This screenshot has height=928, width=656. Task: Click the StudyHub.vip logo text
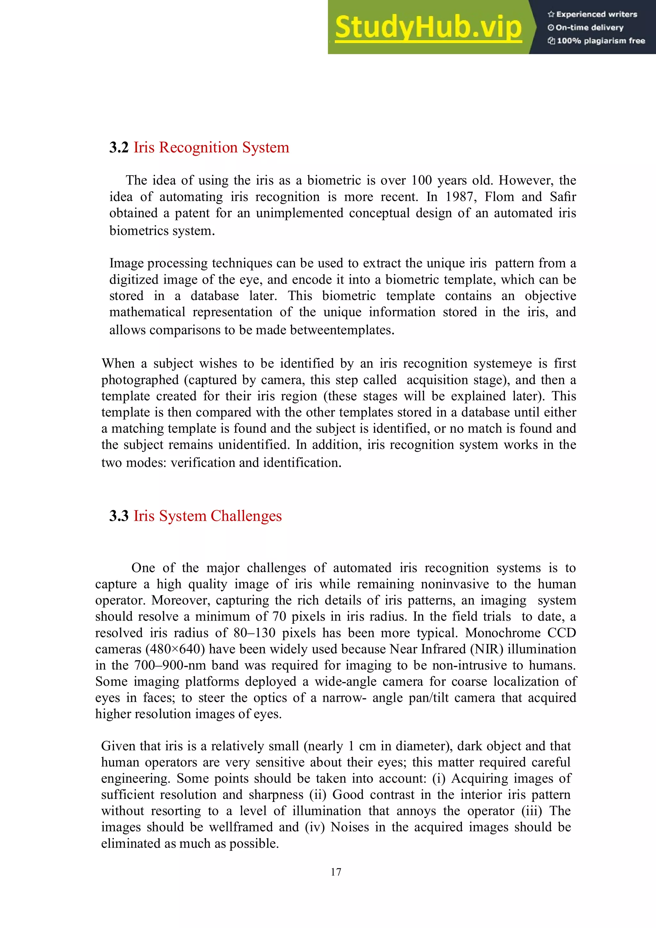click(x=428, y=28)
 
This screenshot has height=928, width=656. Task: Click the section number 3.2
click(x=119, y=148)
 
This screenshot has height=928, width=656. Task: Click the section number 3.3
click(x=119, y=516)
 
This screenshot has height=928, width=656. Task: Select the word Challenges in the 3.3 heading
click(x=246, y=516)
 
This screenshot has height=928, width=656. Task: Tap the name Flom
click(x=499, y=197)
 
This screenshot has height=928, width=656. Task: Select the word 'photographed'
click(x=140, y=380)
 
